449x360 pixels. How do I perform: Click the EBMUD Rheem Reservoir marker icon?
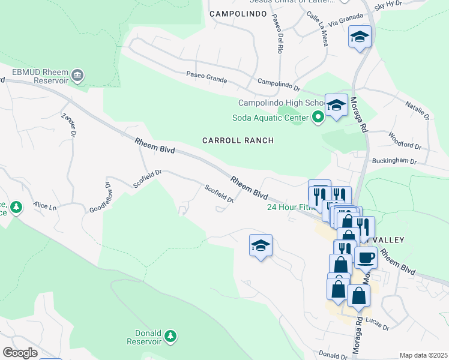click(x=78, y=76)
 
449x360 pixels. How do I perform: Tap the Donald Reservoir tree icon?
click(x=171, y=335)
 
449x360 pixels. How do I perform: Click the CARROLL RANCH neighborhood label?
click(x=238, y=140)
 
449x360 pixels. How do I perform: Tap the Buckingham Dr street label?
click(x=394, y=161)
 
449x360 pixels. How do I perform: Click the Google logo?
click(x=20, y=352)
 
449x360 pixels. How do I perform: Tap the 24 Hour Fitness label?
click(x=288, y=208)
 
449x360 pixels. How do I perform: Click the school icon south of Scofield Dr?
click(x=261, y=245)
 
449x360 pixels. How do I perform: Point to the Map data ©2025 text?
click(x=423, y=355)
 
